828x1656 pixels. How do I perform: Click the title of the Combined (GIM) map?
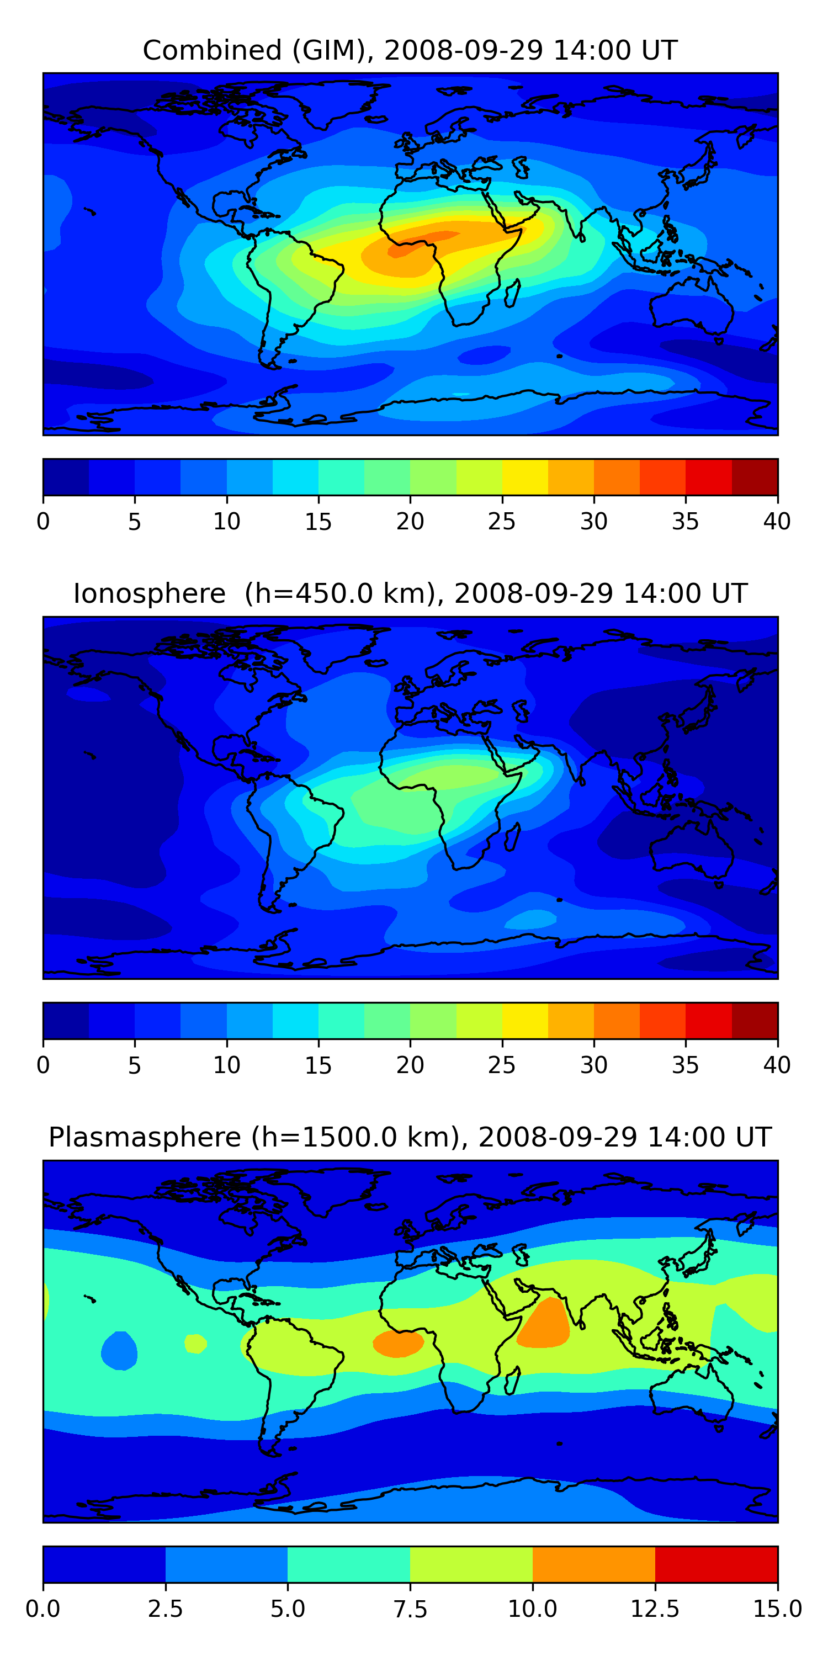410,50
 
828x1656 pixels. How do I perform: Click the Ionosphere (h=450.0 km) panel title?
410,593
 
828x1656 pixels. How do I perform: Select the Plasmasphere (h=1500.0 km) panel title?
410,1137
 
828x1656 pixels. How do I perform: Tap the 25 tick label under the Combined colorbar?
501,521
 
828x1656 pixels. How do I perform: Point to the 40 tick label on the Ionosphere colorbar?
777,1065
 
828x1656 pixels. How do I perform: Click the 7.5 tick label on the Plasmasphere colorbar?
410,1609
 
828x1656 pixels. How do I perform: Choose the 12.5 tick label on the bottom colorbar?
655,1609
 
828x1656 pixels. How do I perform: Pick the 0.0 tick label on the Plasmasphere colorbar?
43,1609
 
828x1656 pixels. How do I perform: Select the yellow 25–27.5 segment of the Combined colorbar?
524,477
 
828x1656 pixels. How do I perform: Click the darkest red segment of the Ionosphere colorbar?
755,1021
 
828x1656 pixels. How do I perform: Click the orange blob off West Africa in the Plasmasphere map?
398,1343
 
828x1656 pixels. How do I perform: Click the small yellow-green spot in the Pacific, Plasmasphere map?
195,1343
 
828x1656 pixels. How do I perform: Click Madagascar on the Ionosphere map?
512,837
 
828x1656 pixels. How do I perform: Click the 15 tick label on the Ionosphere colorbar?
318,1065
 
